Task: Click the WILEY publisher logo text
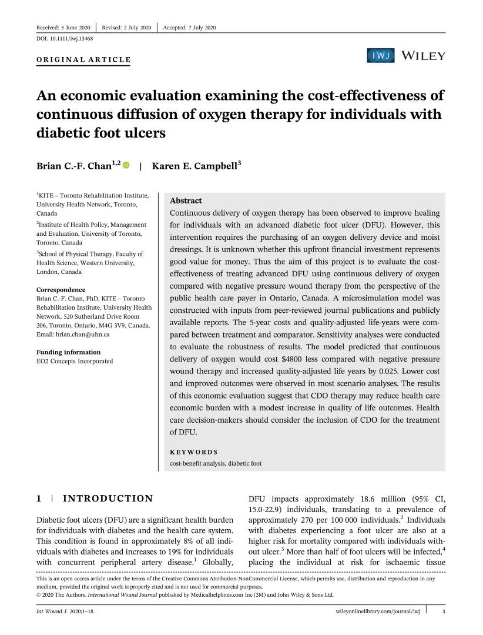tap(423, 56)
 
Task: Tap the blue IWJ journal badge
tap(381, 56)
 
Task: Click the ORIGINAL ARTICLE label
tap(83, 60)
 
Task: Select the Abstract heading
tap(185, 200)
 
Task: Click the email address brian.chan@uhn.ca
tap(69, 335)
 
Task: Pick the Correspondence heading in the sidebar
tap(61, 290)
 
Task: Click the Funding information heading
tap(68, 352)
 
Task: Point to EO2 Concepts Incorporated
tap(75, 361)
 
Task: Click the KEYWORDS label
tap(193, 452)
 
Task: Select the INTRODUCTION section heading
tap(108, 499)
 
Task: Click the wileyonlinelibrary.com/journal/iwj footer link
tap(374, 612)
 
